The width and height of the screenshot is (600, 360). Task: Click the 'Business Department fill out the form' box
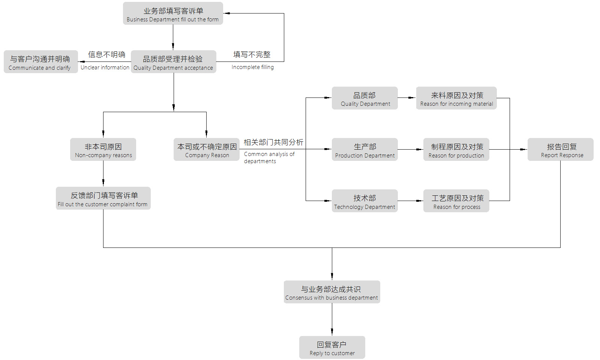173,13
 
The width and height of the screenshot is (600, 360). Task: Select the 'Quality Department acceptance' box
173,62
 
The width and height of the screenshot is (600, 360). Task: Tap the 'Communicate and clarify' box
40,62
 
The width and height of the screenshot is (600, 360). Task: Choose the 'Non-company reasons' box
103,150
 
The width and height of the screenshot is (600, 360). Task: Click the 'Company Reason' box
207,150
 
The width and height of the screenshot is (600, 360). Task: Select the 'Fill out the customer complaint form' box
103,198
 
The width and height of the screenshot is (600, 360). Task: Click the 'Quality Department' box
364,98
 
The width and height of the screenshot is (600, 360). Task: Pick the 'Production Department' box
364,150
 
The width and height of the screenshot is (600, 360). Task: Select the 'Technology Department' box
364,201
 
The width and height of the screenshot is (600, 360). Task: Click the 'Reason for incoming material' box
456,98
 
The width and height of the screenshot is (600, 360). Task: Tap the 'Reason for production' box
456,150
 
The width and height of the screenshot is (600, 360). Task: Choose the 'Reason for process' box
456,201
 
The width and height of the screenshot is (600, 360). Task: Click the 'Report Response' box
561,150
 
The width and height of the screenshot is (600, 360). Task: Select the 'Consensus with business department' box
332,292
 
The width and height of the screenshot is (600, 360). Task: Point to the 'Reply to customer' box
332,348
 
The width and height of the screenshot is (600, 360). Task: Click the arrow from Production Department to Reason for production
411,150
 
